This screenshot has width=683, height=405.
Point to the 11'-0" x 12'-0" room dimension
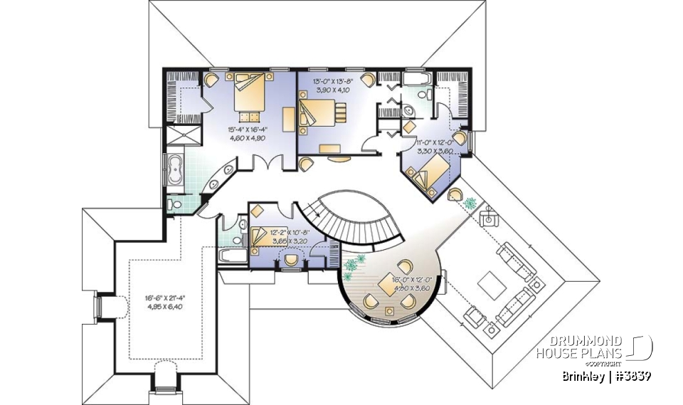435,147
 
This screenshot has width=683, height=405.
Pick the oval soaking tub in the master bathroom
174,171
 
